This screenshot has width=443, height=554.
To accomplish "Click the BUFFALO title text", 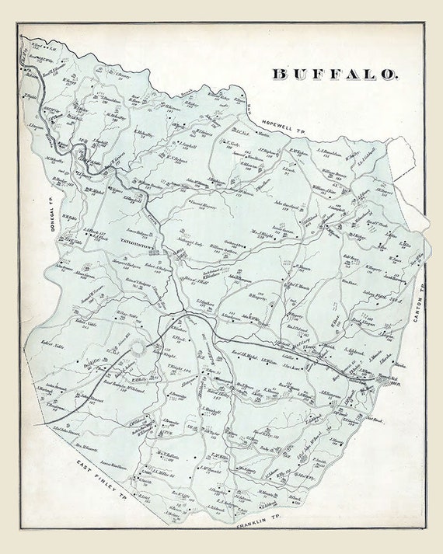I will [335, 75].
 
